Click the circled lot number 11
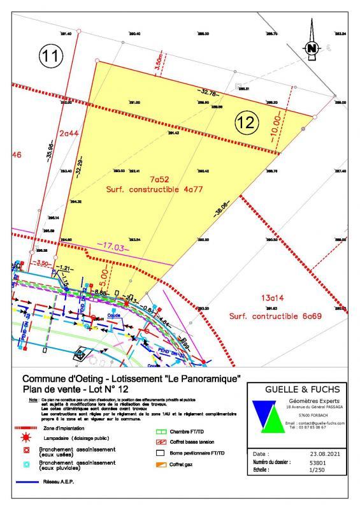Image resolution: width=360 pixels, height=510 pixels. (x=52, y=56)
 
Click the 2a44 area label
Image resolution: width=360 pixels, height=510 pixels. (x=69, y=133)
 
